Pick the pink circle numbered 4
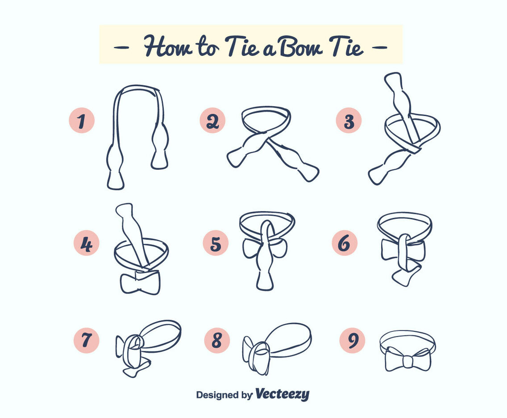coord(86,243)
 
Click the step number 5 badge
coord(216,243)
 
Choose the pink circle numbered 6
coord(344,243)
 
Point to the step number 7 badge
coord(86,341)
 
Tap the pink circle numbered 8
coord(217,341)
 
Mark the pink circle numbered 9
coord(352,341)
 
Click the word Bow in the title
coord(300,46)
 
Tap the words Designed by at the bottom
coord(224,395)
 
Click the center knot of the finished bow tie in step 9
coord(408,361)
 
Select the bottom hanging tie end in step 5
coord(265,277)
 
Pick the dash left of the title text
coord(121,46)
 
